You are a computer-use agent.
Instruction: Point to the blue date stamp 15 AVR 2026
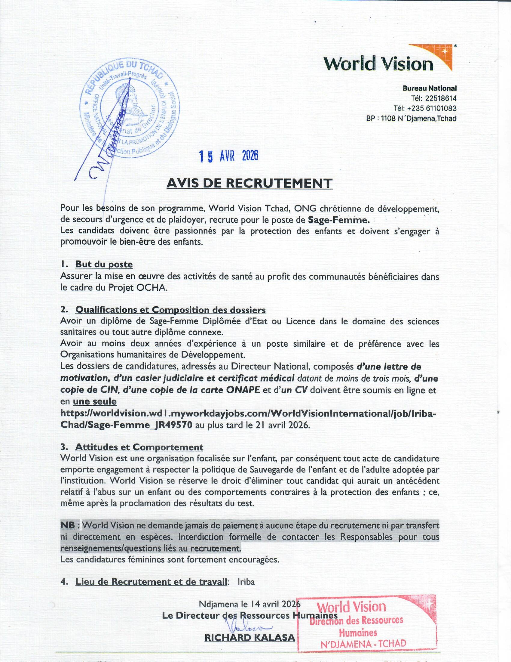click(x=228, y=156)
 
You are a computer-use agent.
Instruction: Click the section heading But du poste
click(x=104, y=264)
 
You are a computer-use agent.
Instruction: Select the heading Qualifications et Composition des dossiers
click(x=170, y=310)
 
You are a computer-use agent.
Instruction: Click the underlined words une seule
click(x=94, y=402)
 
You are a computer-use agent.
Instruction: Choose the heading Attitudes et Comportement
click(x=139, y=447)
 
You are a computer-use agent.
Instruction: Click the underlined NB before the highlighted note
click(x=68, y=525)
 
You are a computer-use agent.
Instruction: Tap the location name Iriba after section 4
click(x=246, y=582)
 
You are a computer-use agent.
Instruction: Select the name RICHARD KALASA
click(x=250, y=638)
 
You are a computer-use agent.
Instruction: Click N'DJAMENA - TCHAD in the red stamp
click(x=364, y=644)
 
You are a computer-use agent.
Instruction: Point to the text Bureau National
click(x=429, y=88)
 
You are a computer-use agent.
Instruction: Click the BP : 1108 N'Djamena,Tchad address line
click(x=411, y=118)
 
